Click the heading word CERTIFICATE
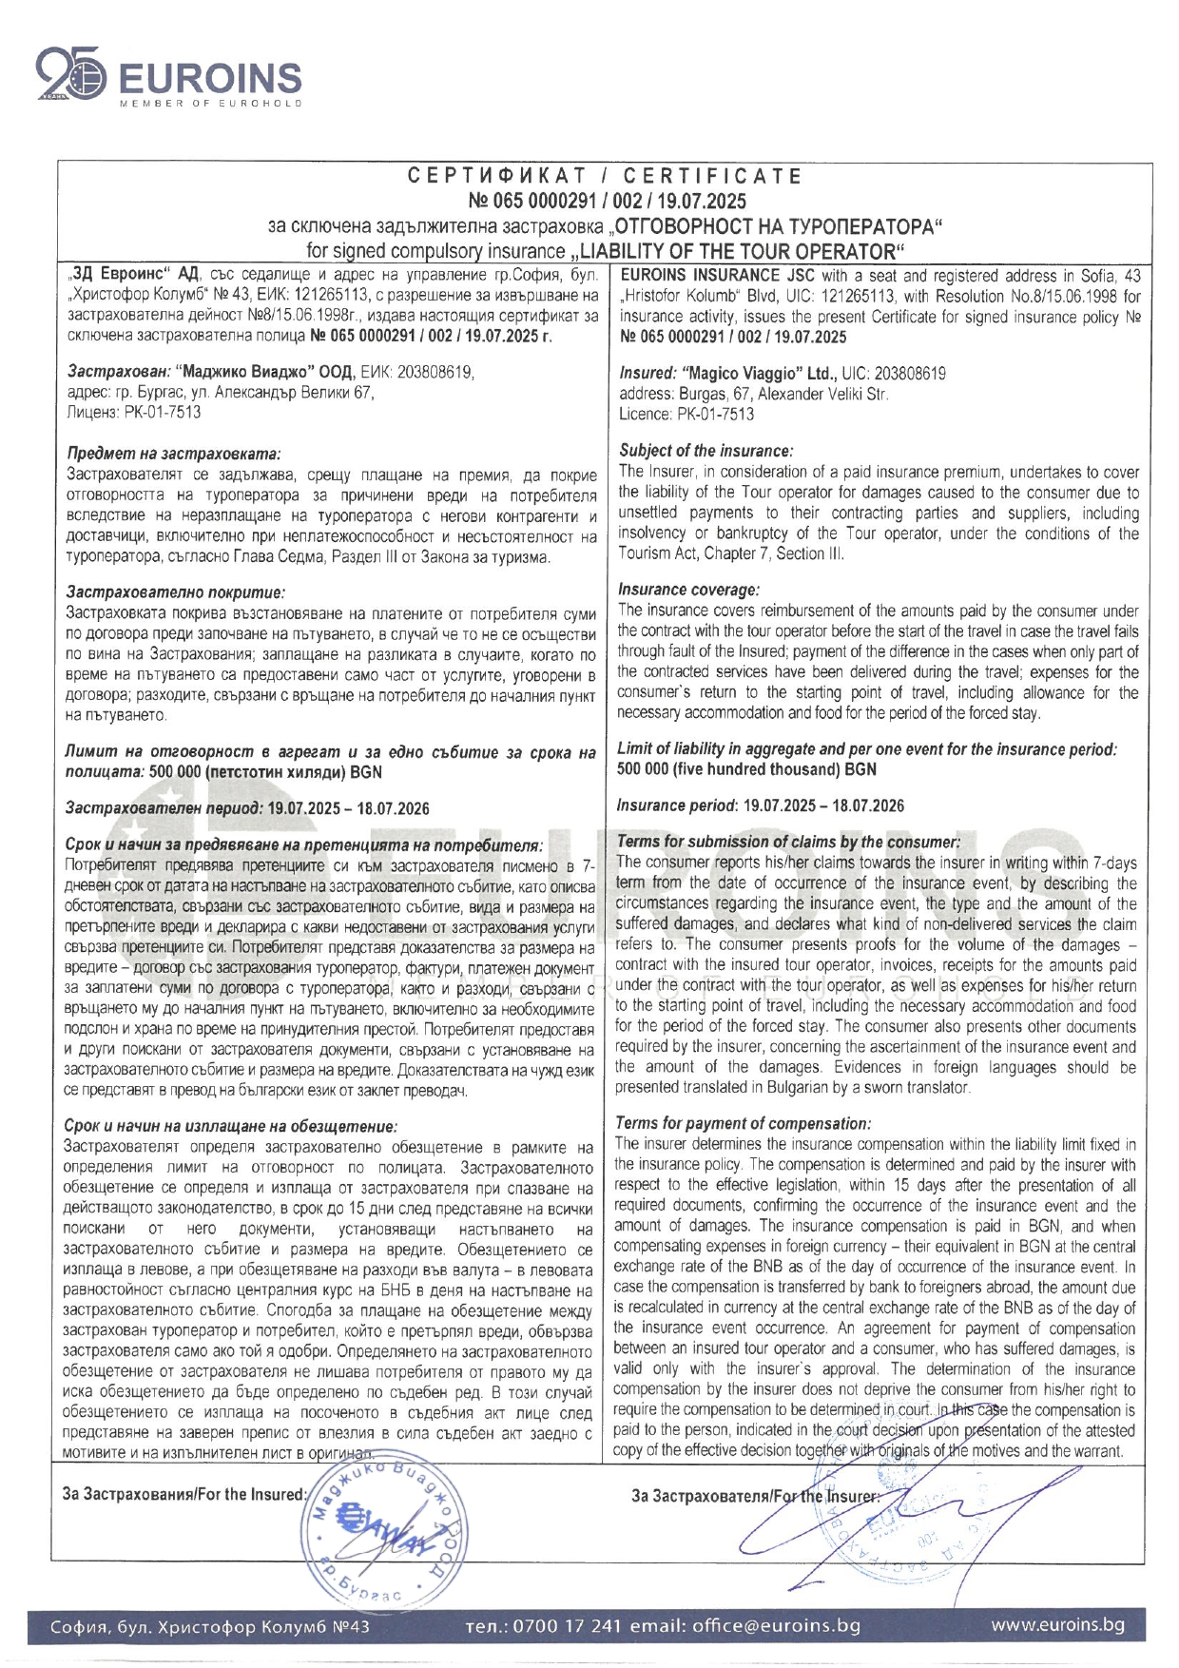(713, 176)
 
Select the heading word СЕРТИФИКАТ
(497, 176)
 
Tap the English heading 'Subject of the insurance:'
(705, 451)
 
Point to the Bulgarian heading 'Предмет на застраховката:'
(174, 455)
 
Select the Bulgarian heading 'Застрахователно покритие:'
(175, 592)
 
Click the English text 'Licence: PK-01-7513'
(686, 414)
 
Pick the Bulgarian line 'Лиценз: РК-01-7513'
(134, 412)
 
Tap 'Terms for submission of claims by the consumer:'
(788, 842)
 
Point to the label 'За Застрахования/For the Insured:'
(184, 1494)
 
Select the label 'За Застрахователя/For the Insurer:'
(754, 1496)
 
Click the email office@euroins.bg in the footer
(776, 1625)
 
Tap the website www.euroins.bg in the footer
(1057, 1624)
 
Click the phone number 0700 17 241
(567, 1625)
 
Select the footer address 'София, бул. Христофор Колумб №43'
(210, 1626)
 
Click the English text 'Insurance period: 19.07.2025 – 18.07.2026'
(761, 805)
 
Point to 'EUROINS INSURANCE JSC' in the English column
(718, 276)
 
